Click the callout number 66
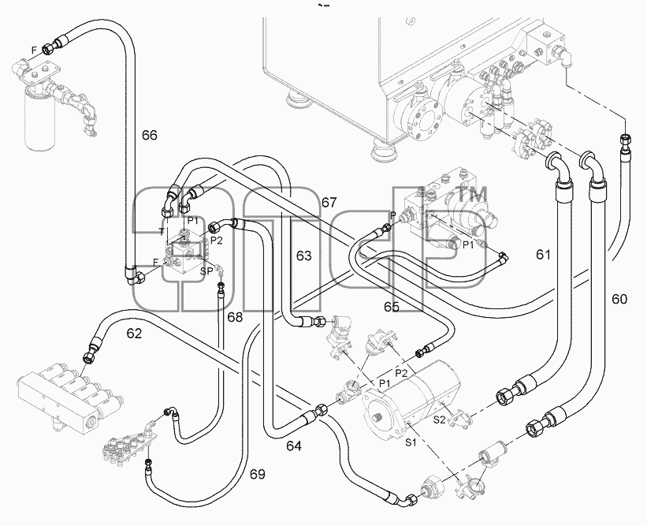pos(150,135)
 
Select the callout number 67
pos(329,203)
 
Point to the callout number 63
pos(303,256)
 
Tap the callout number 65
pos(391,307)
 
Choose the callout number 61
pos(544,255)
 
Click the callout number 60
pos(619,299)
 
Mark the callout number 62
pos(134,334)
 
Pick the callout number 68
pos(235,317)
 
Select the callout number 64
pos(294,446)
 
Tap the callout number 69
pos(258,475)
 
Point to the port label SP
pos(206,271)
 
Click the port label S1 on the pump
pos(411,443)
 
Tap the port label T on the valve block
pos(162,231)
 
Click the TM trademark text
pos(470,194)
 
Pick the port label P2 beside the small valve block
pos(216,241)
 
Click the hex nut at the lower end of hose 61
pos(504,396)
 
